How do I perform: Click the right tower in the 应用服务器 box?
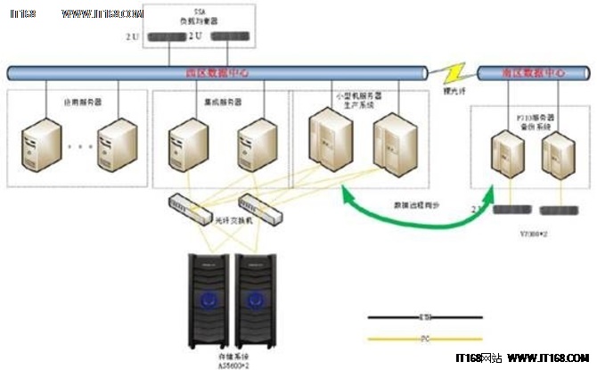pos(116,144)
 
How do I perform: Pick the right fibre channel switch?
pos(258,210)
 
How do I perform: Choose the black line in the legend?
pos(426,317)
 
